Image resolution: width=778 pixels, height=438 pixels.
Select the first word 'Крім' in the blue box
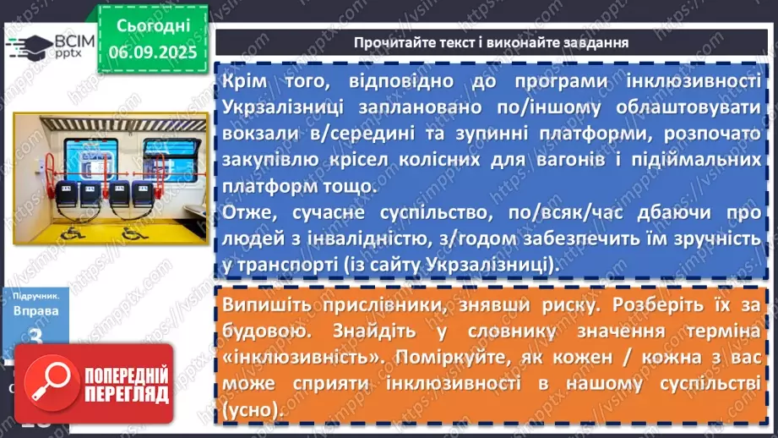point(244,81)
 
